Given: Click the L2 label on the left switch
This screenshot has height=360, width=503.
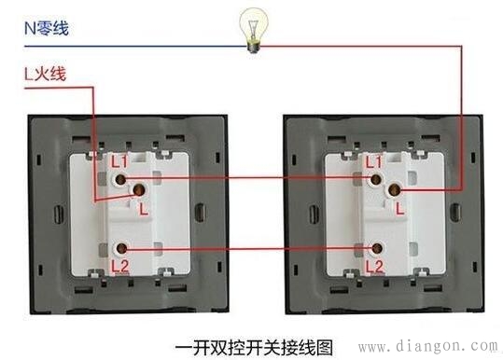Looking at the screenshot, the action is (x=119, y=266).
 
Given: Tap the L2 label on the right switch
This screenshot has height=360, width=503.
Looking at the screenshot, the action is (x=373, y=266).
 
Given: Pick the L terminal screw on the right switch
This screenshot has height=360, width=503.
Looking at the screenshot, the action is (x=393, y=191).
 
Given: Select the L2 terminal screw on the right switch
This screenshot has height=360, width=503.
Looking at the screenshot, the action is (x=378, y=248).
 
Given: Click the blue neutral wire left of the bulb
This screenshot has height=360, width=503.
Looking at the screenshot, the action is (x=140, y=43).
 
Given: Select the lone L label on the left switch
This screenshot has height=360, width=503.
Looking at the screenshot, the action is (x=142, y=210).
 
